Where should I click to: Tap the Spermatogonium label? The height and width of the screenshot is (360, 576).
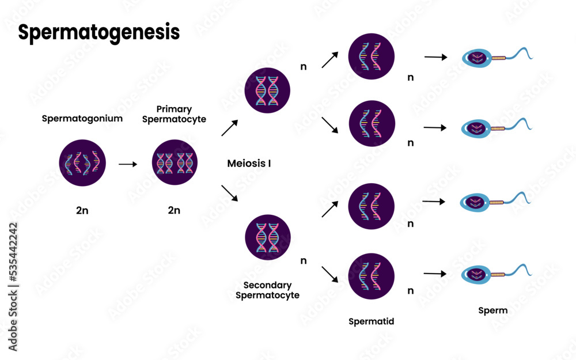pyautogui.click(x=82, y=119)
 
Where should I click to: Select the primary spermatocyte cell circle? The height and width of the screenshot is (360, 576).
pyautogui.click(x=175, y=163)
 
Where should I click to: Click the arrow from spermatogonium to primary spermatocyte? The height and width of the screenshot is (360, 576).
pyautogui.click(x=128, y=164)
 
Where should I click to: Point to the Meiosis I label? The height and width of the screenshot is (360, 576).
pyautogui.click(x=249, y=164)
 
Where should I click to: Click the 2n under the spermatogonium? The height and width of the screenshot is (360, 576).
pyautogui.click(x=82, y=210)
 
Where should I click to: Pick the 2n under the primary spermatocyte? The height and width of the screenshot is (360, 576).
pyautogui.click(x=174, y=210)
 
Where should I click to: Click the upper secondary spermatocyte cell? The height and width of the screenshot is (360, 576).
pyautogui.click(x=267, y=90)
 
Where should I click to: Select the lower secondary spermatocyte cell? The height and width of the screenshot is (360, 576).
pyautogui.click(x=267, y=237)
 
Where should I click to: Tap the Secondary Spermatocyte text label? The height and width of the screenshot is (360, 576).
pyautogui.click(x=267, y=290)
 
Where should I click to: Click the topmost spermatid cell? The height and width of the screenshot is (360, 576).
pyautogui.click(x=372, y=56)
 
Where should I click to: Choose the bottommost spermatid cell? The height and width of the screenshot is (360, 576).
pyautogui.click(x=372, y=276)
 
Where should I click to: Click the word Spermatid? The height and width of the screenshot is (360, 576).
pyautogui.click(x=372, y=321)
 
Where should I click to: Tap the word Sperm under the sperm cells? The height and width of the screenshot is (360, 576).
pyautogui.click(x=493, y=310)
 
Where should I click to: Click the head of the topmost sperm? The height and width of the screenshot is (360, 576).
pyautogui.click(x=477, y=57)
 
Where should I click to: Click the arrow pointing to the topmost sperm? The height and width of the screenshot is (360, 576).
pyautogui.click(x=435, y=57)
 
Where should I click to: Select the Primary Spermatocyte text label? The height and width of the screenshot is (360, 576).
pyautogui.click(x=175, y=114)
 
